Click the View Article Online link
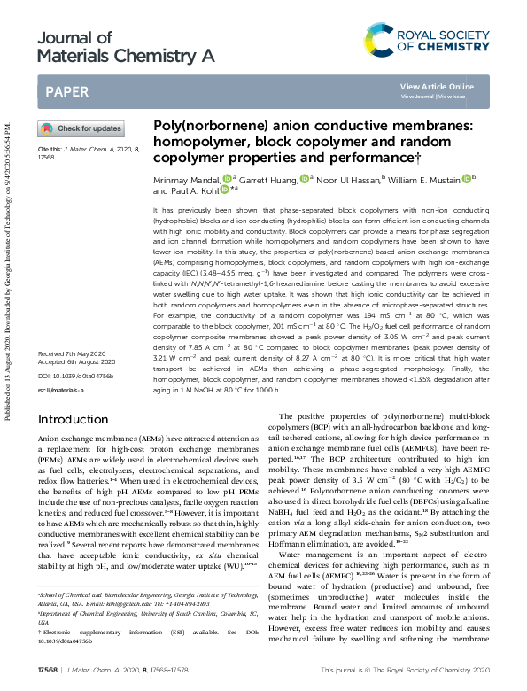tap(437, 86)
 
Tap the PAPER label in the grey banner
tap(66, 91)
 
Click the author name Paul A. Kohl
tap(185, 190)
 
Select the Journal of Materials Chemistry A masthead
tap(127, 47)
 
